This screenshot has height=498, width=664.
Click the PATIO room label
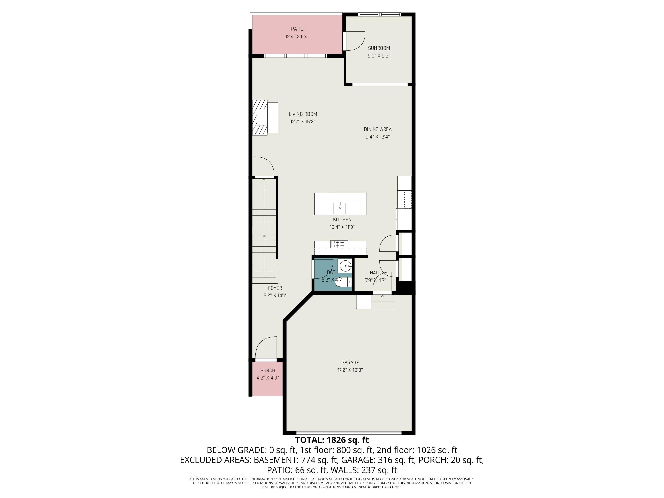(x=297, y=29)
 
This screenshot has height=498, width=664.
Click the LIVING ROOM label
(x=303, y=114)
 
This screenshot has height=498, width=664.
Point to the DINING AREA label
(x=377, y=129)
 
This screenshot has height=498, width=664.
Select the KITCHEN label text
(x=342, y=219)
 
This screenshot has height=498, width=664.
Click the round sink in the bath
(x=346, y=266)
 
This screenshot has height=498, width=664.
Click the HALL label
(x=375, y=272)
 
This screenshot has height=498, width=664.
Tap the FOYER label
(x=275, y=288)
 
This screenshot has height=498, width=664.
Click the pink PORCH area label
(x=267, y=371)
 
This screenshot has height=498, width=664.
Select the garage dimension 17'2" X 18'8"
(x=350, y=370)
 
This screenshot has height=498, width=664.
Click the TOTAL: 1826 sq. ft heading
(x=332, y=440)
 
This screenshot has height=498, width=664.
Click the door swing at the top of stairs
(x=264, y=167)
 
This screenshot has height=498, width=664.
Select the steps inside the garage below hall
(x=382, y=302)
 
